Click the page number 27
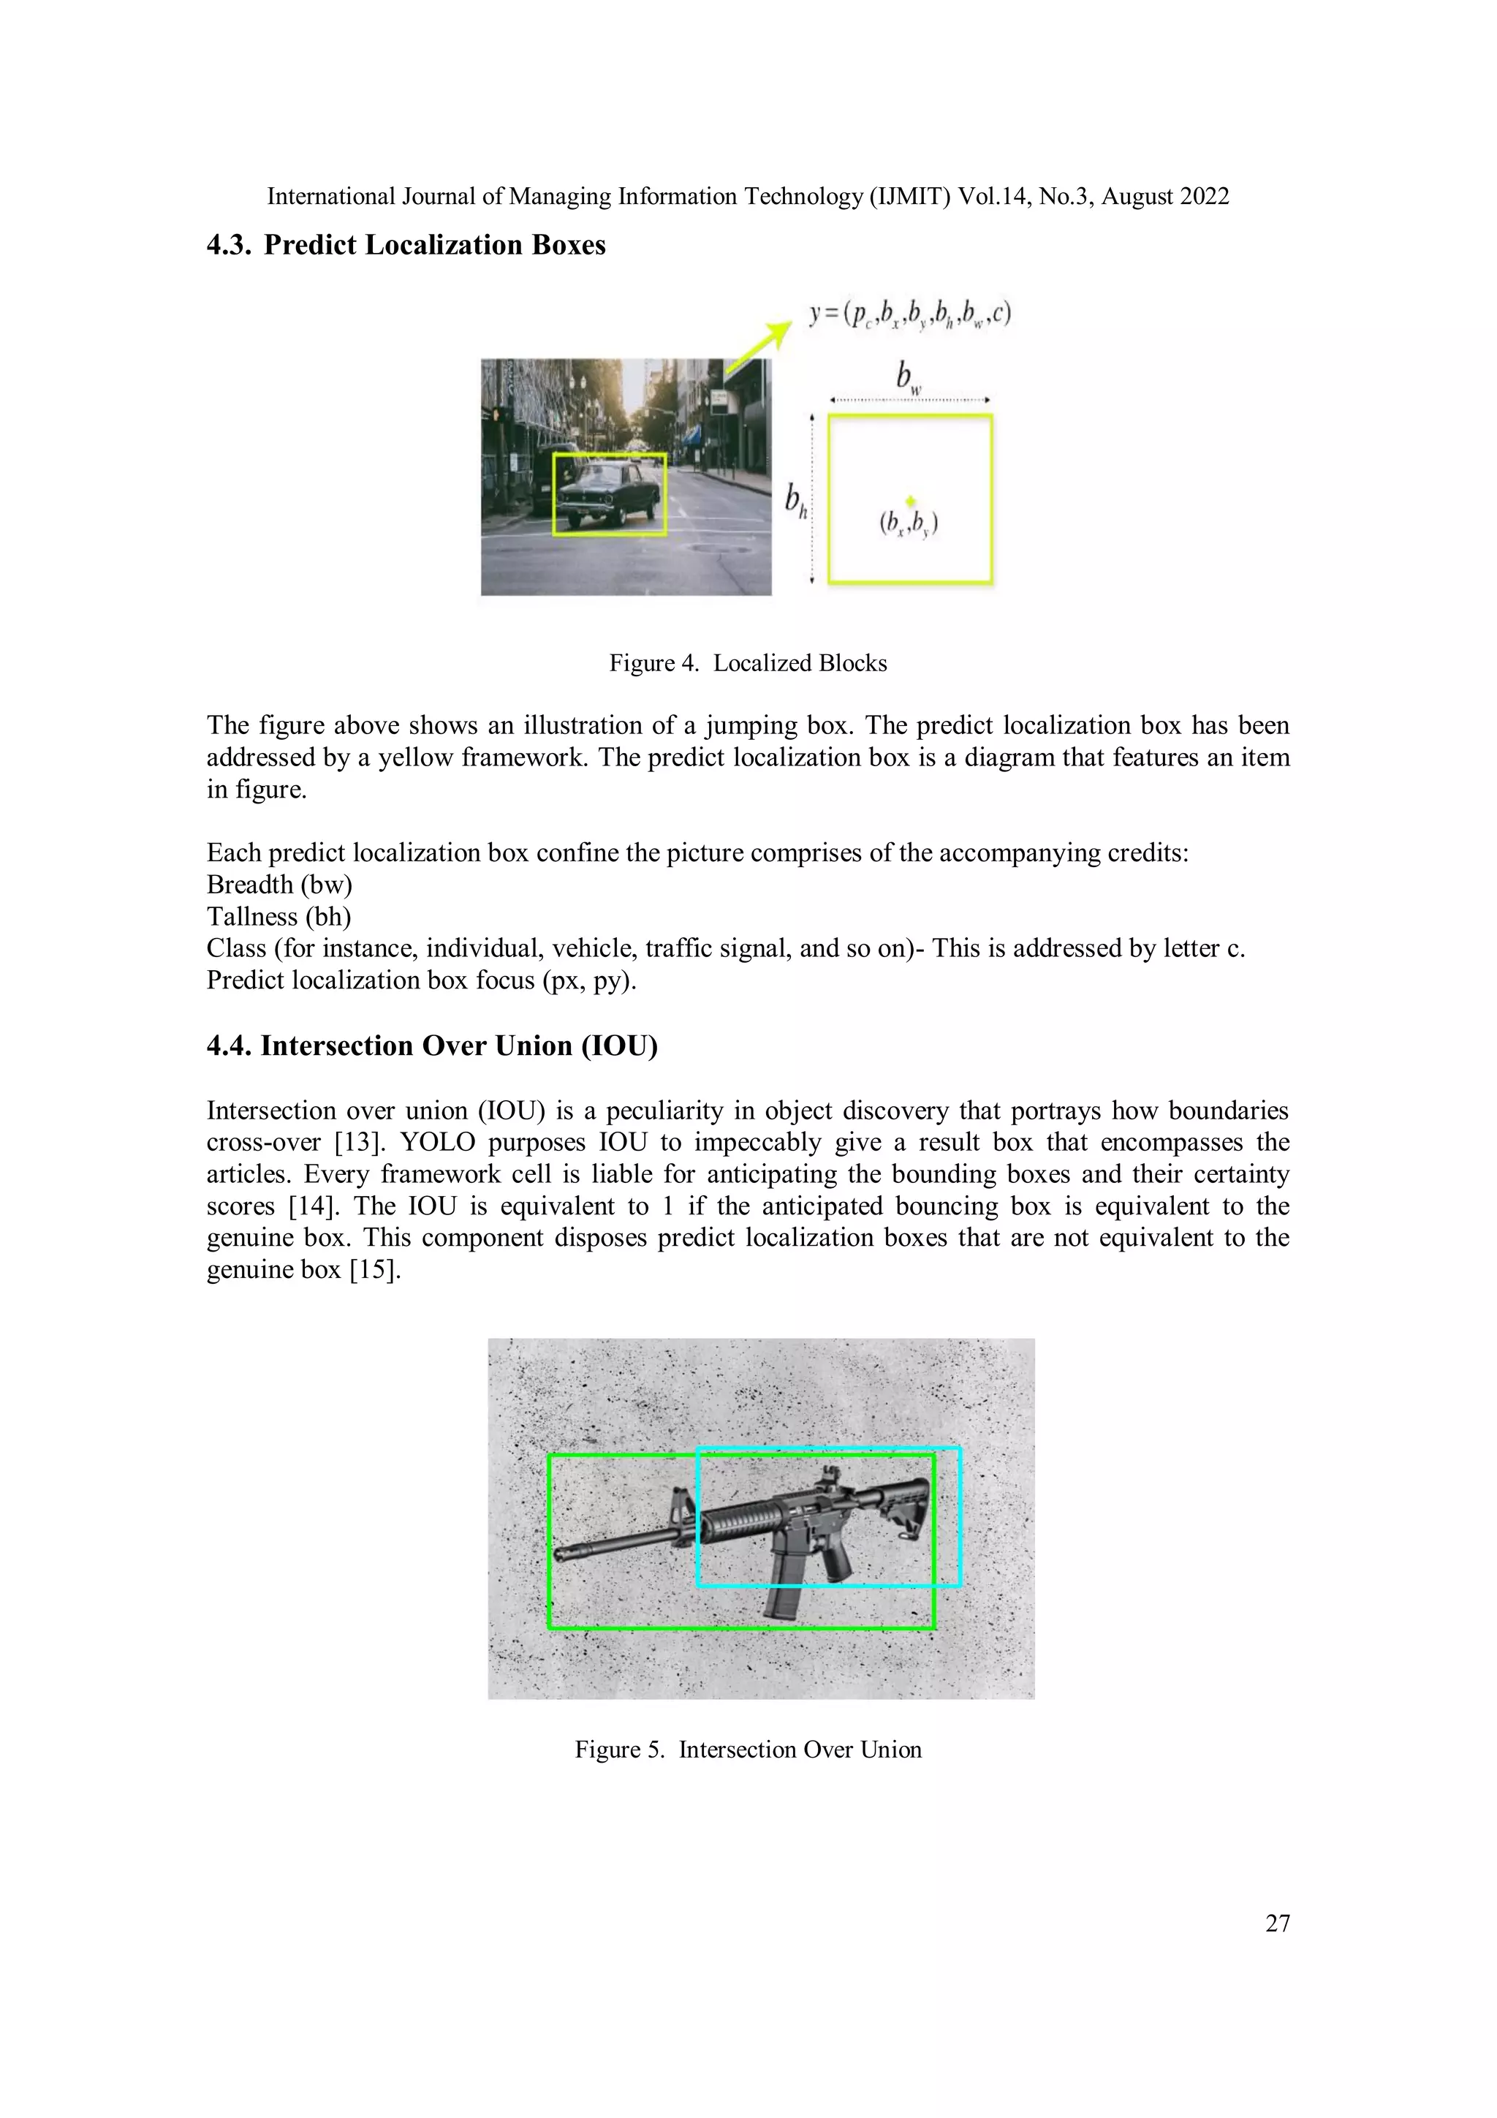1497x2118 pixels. (1276, 1923)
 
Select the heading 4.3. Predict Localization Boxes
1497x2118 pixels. (406, 246)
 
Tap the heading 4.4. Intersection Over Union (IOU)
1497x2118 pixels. (432, 1046)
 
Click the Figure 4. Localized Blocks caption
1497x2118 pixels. (747, 663)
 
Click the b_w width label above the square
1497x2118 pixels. (909, 377)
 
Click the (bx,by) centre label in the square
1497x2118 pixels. (909, 524)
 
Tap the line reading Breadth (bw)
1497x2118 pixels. (279, 885)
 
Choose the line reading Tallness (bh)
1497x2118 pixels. (278, 917)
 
